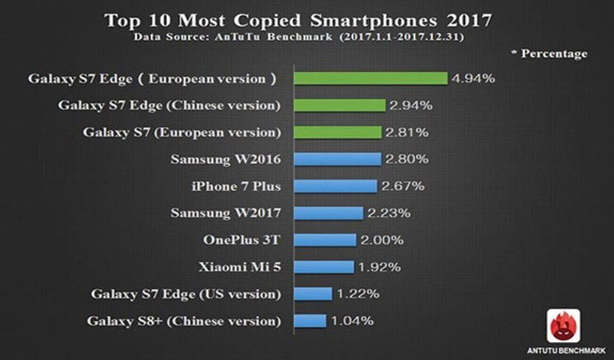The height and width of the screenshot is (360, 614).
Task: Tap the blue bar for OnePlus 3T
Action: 326,240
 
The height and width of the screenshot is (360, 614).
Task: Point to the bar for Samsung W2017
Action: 329,213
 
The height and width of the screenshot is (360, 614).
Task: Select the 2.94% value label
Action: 411,106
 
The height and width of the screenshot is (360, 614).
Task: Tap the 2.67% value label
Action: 403,187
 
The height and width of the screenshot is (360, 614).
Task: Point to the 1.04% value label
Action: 352,321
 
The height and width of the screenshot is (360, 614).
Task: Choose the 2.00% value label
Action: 381,240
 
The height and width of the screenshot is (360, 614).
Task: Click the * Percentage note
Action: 549,54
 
